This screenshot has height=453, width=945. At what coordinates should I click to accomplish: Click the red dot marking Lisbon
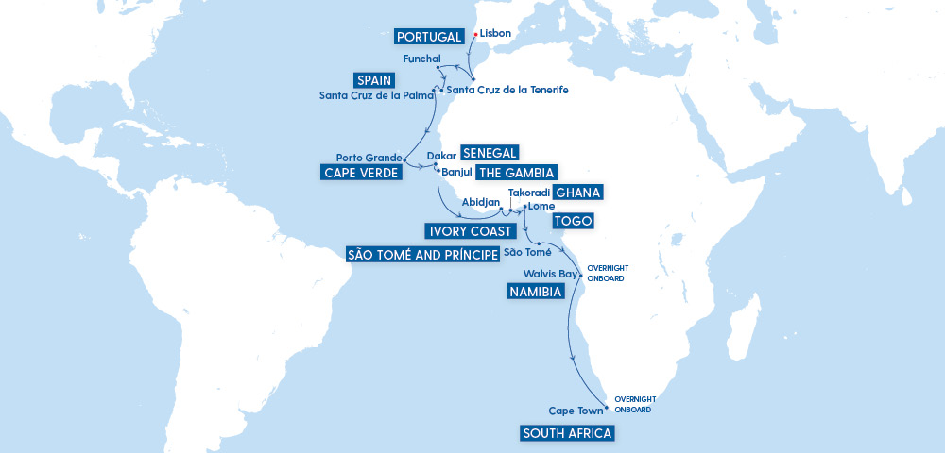475,33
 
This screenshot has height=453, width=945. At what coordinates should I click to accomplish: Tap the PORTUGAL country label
430,37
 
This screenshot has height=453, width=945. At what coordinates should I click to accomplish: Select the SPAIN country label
376,80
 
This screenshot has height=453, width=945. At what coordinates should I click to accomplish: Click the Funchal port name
421,59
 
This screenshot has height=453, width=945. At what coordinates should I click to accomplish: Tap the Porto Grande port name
369,157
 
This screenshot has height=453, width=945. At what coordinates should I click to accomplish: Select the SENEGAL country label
490,154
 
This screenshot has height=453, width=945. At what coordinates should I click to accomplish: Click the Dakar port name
441,155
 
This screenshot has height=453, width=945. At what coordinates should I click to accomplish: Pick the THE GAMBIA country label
515,172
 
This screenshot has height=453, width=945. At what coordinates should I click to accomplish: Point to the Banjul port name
455,173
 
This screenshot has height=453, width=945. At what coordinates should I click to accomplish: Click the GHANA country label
578,193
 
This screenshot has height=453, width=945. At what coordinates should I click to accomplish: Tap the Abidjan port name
479,202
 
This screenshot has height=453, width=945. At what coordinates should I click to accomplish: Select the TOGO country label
572,222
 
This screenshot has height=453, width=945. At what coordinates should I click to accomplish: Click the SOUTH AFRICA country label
567,433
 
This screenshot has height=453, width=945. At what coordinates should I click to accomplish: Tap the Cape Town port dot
593,408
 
